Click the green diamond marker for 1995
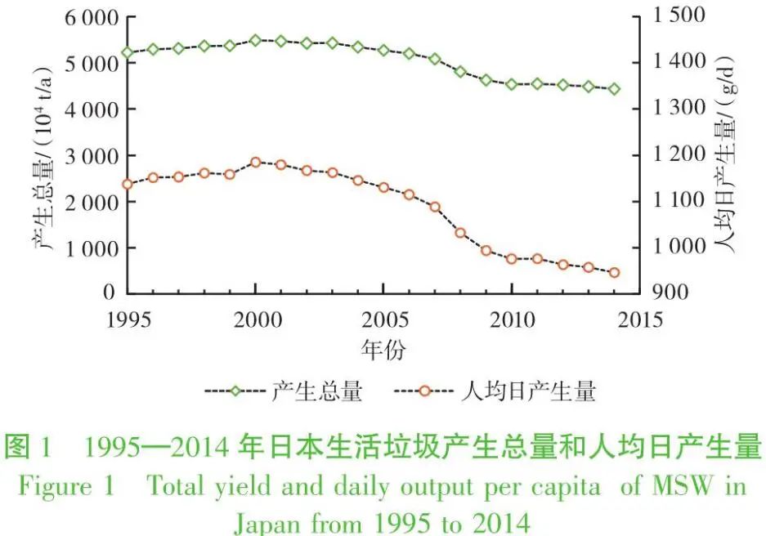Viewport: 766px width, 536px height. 127,53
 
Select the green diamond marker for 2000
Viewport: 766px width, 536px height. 255,40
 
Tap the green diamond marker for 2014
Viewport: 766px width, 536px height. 614,89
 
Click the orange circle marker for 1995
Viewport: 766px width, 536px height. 127,185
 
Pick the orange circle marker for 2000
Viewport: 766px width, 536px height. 255,163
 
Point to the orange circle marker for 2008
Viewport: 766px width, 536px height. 460,233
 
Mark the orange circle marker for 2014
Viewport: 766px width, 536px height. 614,273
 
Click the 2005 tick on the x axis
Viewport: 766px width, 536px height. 383,318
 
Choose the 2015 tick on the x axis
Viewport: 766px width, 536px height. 639,318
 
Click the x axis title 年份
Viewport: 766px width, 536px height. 383,350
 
